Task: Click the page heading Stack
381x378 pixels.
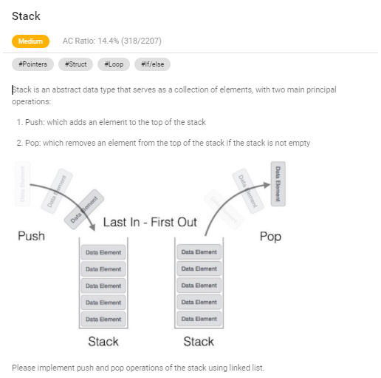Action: coord(26,16)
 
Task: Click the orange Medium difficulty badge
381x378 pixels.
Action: coord(30,42)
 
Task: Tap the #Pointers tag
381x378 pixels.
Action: coord(33,64)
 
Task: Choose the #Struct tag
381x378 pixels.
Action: coord(75,64)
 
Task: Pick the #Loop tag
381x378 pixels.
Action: coord(114,64)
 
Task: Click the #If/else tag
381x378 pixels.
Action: coord(153,64)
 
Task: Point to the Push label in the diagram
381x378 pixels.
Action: coord(31,236)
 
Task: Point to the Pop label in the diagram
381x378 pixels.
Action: coord(270,237)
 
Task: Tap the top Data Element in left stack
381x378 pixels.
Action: coord(103,252)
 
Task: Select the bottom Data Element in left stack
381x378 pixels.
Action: coord(103,319)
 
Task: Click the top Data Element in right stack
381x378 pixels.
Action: coord(198,252)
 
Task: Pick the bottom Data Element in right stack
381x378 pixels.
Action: coord(198,319)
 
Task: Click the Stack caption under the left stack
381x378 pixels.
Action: coord(103,341)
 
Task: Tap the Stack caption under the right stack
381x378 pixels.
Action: coord(198,341)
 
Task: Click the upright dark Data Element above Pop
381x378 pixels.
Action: coord(278,183)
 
